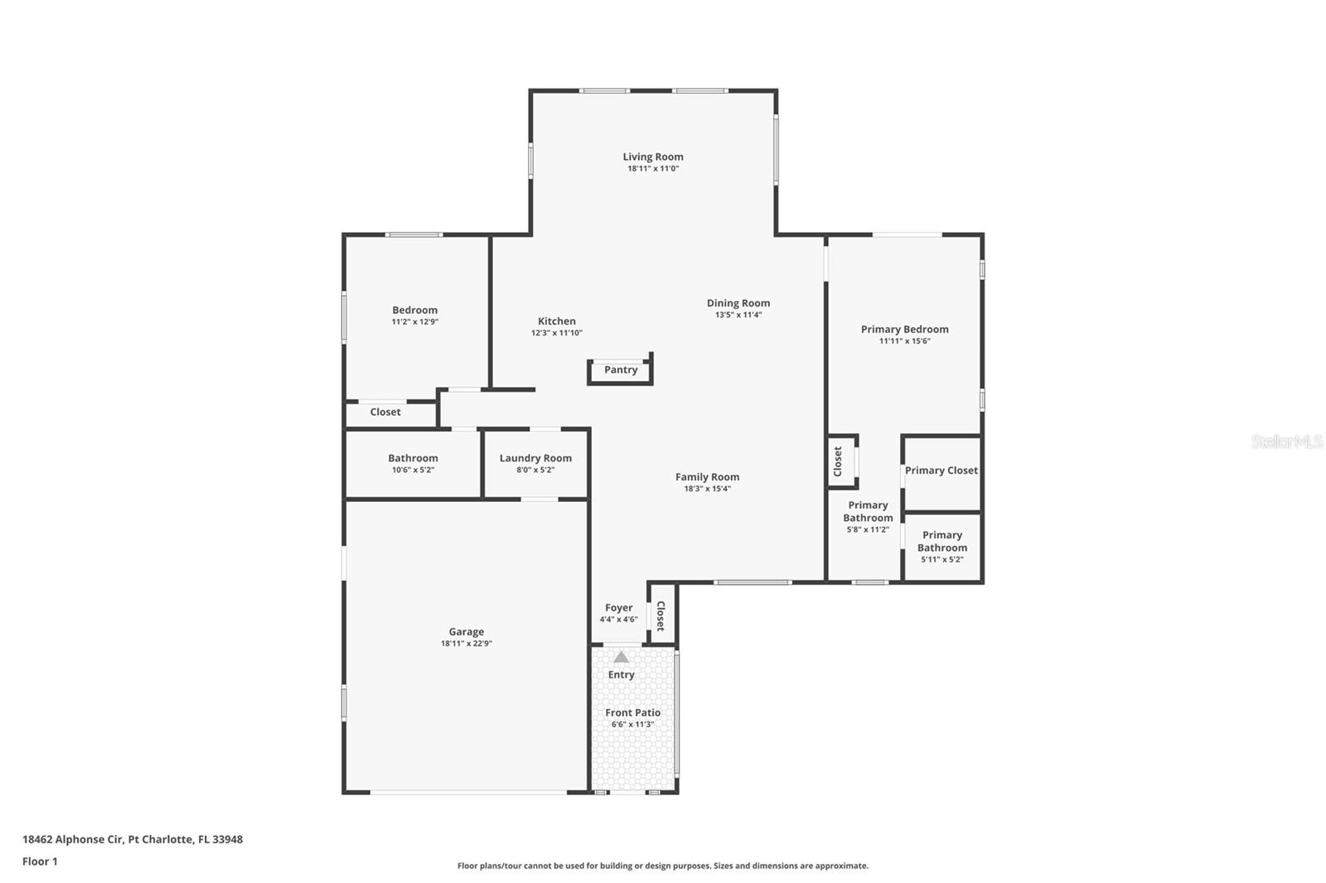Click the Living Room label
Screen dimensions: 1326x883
653,157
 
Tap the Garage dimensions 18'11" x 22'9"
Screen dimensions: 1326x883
467,644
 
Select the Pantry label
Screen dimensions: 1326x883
621,370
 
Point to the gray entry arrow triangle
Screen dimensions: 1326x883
621,657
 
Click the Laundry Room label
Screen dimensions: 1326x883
535,458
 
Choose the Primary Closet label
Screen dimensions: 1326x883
941,470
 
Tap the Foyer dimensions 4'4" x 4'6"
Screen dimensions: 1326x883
618,620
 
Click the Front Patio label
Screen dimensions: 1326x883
633,712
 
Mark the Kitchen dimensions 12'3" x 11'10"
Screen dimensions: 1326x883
556,333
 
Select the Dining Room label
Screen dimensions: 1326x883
738,303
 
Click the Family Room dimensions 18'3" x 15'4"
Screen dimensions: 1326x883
708,489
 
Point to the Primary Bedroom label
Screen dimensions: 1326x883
904,329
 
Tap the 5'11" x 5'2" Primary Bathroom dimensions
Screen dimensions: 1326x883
941,559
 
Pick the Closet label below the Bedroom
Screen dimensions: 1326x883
385,412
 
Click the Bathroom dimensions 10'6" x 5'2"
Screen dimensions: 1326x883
414,470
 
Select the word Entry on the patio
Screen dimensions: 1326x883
621,675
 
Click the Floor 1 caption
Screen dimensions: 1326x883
40,861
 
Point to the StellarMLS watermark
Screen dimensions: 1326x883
1286,441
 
